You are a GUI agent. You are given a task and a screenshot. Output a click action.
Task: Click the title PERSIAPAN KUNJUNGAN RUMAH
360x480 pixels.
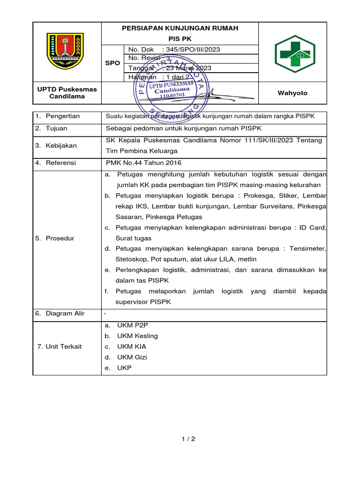tap(180, 28)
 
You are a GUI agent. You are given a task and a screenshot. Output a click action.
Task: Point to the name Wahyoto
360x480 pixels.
tap(292, 93)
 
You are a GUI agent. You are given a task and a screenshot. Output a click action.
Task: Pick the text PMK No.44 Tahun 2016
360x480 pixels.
tap(144, 163)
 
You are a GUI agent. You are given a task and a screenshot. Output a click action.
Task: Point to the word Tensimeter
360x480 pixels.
tap(307, 248)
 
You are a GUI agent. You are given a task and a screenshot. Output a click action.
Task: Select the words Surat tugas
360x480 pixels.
tap(134, 238)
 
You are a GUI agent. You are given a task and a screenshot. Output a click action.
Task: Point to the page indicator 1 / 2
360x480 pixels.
tap(188, 439)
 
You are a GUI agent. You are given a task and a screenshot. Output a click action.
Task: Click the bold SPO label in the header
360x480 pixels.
tap(112, 63)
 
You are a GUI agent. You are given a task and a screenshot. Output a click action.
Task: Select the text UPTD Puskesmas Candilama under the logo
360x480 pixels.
tap(67, 93)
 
